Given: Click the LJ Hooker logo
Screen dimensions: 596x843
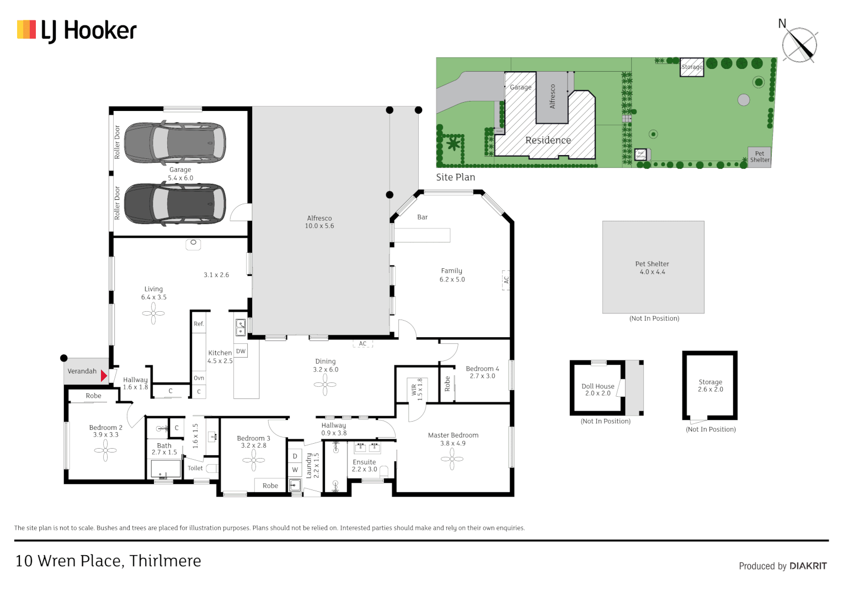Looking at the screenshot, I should point(77,31).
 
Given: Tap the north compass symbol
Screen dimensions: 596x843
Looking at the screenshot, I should point(799,44).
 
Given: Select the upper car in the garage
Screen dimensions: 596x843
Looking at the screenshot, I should point(175,142).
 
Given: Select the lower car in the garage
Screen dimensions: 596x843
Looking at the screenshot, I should point(175,204).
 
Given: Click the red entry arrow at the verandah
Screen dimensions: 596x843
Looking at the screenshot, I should point(104,376).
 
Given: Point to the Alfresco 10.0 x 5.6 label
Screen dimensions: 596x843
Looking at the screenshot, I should point(319,222).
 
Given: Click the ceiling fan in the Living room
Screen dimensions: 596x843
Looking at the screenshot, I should point(153,313).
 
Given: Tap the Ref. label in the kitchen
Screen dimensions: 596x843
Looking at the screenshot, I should point(199,324).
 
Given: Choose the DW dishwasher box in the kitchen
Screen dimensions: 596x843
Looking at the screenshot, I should point(241,351).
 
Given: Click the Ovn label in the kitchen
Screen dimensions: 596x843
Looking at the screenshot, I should point(199,378).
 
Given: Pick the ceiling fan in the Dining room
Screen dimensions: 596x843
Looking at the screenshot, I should point(325,385).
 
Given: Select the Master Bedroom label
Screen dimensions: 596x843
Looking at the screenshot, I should point(453,435).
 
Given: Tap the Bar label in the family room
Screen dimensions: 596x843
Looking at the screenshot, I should point(422,217).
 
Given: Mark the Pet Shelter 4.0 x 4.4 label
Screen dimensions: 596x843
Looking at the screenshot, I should point(652,268).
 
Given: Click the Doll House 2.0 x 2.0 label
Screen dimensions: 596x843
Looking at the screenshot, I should point(597,390).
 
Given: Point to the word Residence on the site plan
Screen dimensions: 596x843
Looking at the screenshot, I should point(548,140).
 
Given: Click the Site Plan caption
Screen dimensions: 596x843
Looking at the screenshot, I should point(455,177).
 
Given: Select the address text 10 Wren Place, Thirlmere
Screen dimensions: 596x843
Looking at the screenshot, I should point(108,561).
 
